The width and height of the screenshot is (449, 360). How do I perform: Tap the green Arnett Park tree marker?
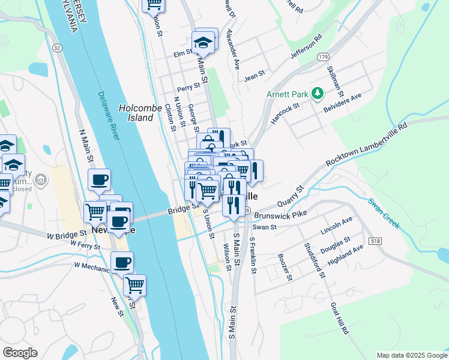(316, 94)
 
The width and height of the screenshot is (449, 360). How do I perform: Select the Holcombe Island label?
(136, 113)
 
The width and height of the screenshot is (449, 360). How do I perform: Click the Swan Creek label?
(384, 213)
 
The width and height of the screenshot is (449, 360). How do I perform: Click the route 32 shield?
(56, 47)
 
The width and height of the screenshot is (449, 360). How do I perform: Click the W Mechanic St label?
(93, 265)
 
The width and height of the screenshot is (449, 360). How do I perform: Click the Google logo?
(20, 352)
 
